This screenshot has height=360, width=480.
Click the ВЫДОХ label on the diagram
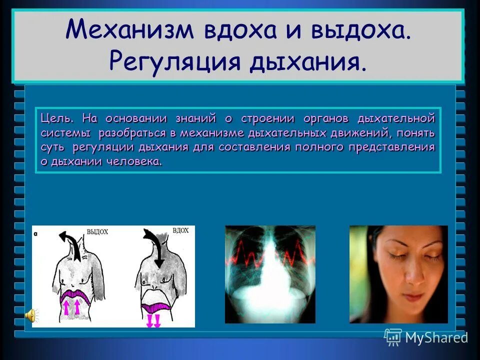98,232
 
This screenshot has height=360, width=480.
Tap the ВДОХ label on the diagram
180,230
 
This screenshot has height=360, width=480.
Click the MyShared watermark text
436,337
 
